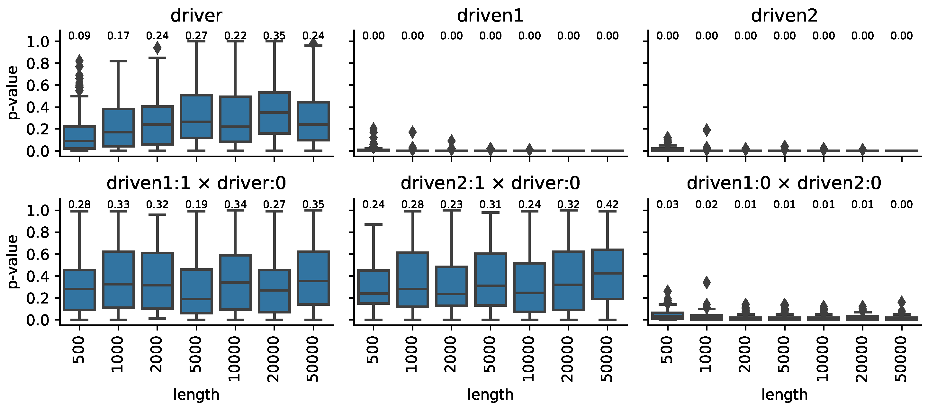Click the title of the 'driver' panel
click(196, 15)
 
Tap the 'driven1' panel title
click(490, 15)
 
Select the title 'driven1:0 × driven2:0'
click(784, 183)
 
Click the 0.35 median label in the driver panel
click(274, 36)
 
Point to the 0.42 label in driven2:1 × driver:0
click(608, 205)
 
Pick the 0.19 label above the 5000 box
click(196, 205)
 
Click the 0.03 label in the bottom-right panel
click(668, 205)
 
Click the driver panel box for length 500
click(79, 137)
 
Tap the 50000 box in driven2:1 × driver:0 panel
click(608, 274)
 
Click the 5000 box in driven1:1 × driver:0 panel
click(196, 291)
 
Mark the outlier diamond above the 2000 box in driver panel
click(158, 48)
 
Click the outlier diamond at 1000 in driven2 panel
click(707, 130)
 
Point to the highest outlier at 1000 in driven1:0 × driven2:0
click(707, 283)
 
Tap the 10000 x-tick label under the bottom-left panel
click(235, 358)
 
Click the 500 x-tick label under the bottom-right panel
click(668, 349)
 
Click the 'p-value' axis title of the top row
click(13, 93)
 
